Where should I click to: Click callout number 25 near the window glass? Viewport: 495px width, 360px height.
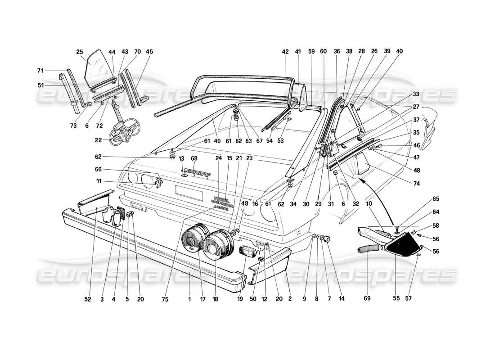pyautogui.click(x=80, y=52)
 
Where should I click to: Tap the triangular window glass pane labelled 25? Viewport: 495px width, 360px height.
pyautogui.click(x=95, y=70)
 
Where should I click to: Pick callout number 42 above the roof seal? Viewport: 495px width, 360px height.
pyautogui.click(x=285, y=52)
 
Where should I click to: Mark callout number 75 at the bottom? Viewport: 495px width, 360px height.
pyautogui.click(x=165, y=299)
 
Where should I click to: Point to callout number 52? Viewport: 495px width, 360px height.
pyautogui.click(x=86, y=299)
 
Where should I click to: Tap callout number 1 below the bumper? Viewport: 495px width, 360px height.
pyautogui.click(x=190, y=299)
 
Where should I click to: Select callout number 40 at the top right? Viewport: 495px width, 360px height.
pyautogui.click(x=399, y=52)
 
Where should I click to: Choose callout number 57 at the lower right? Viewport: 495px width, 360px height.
pyautogui.click(x=422, y=299)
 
